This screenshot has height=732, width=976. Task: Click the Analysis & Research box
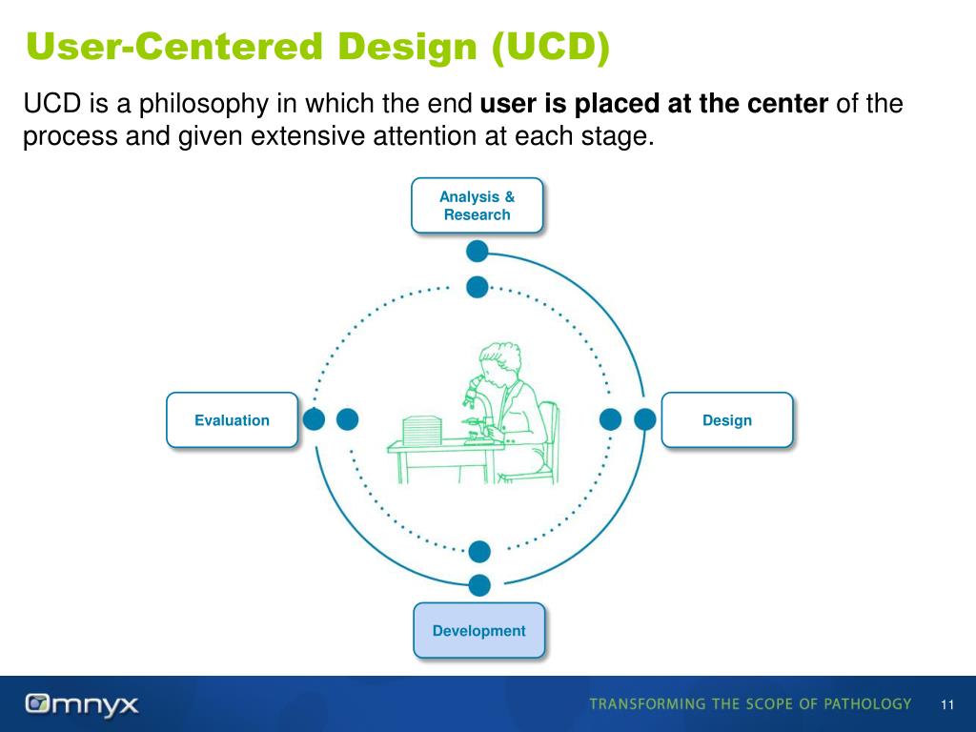point(477,205)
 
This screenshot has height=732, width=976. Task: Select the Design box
point(726,420)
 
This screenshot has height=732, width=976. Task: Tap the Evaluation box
point(232,420)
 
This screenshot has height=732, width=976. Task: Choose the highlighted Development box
point(478,630)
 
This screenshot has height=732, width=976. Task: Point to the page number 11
point(946,705)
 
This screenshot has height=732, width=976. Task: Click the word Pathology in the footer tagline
point(864,704)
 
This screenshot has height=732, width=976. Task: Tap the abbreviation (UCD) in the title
point(550,46)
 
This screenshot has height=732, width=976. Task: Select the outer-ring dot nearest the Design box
point(645,419)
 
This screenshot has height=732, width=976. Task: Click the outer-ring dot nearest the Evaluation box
point(313,419)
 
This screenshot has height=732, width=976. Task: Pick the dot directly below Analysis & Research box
point(478,252)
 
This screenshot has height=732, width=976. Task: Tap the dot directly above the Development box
point(479,585)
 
